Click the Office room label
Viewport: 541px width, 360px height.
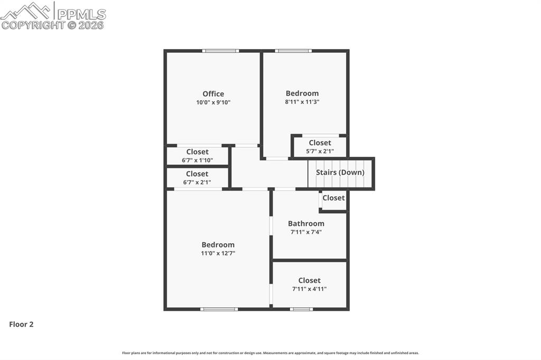[x=213, y=94]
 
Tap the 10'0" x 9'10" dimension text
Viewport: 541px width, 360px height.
[x=213, y=102]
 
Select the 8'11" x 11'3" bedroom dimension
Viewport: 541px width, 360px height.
[x=302, y=102]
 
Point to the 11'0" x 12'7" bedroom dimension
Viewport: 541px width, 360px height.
[x=218, y=253]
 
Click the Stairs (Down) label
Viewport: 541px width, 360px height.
[x=340, y=173]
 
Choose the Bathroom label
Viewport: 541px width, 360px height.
[x=306, y=223]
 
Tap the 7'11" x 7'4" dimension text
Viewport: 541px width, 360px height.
[x=306, y=232]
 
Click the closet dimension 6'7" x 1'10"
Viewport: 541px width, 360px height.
[x=197, y=160]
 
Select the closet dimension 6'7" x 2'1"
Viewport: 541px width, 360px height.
[x=197, y=182]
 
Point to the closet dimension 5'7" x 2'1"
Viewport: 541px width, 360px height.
[x=320, y=151]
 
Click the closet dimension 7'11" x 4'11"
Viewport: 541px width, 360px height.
[x=309, y=289]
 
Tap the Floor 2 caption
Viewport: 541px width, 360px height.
[x=21, y=325]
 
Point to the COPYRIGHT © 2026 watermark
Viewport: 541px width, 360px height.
[x=53, y=25]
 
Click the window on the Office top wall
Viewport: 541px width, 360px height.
[x=221, y=51]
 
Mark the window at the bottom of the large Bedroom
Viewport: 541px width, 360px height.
[x=219, y=309]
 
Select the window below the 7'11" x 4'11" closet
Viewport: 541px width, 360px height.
[x=301, y=309]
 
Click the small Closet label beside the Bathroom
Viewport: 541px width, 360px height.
[x=333, y=198]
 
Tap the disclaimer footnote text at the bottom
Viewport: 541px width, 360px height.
[x=270, y=353]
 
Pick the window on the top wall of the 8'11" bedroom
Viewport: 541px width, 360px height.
[x=293, y=51]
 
